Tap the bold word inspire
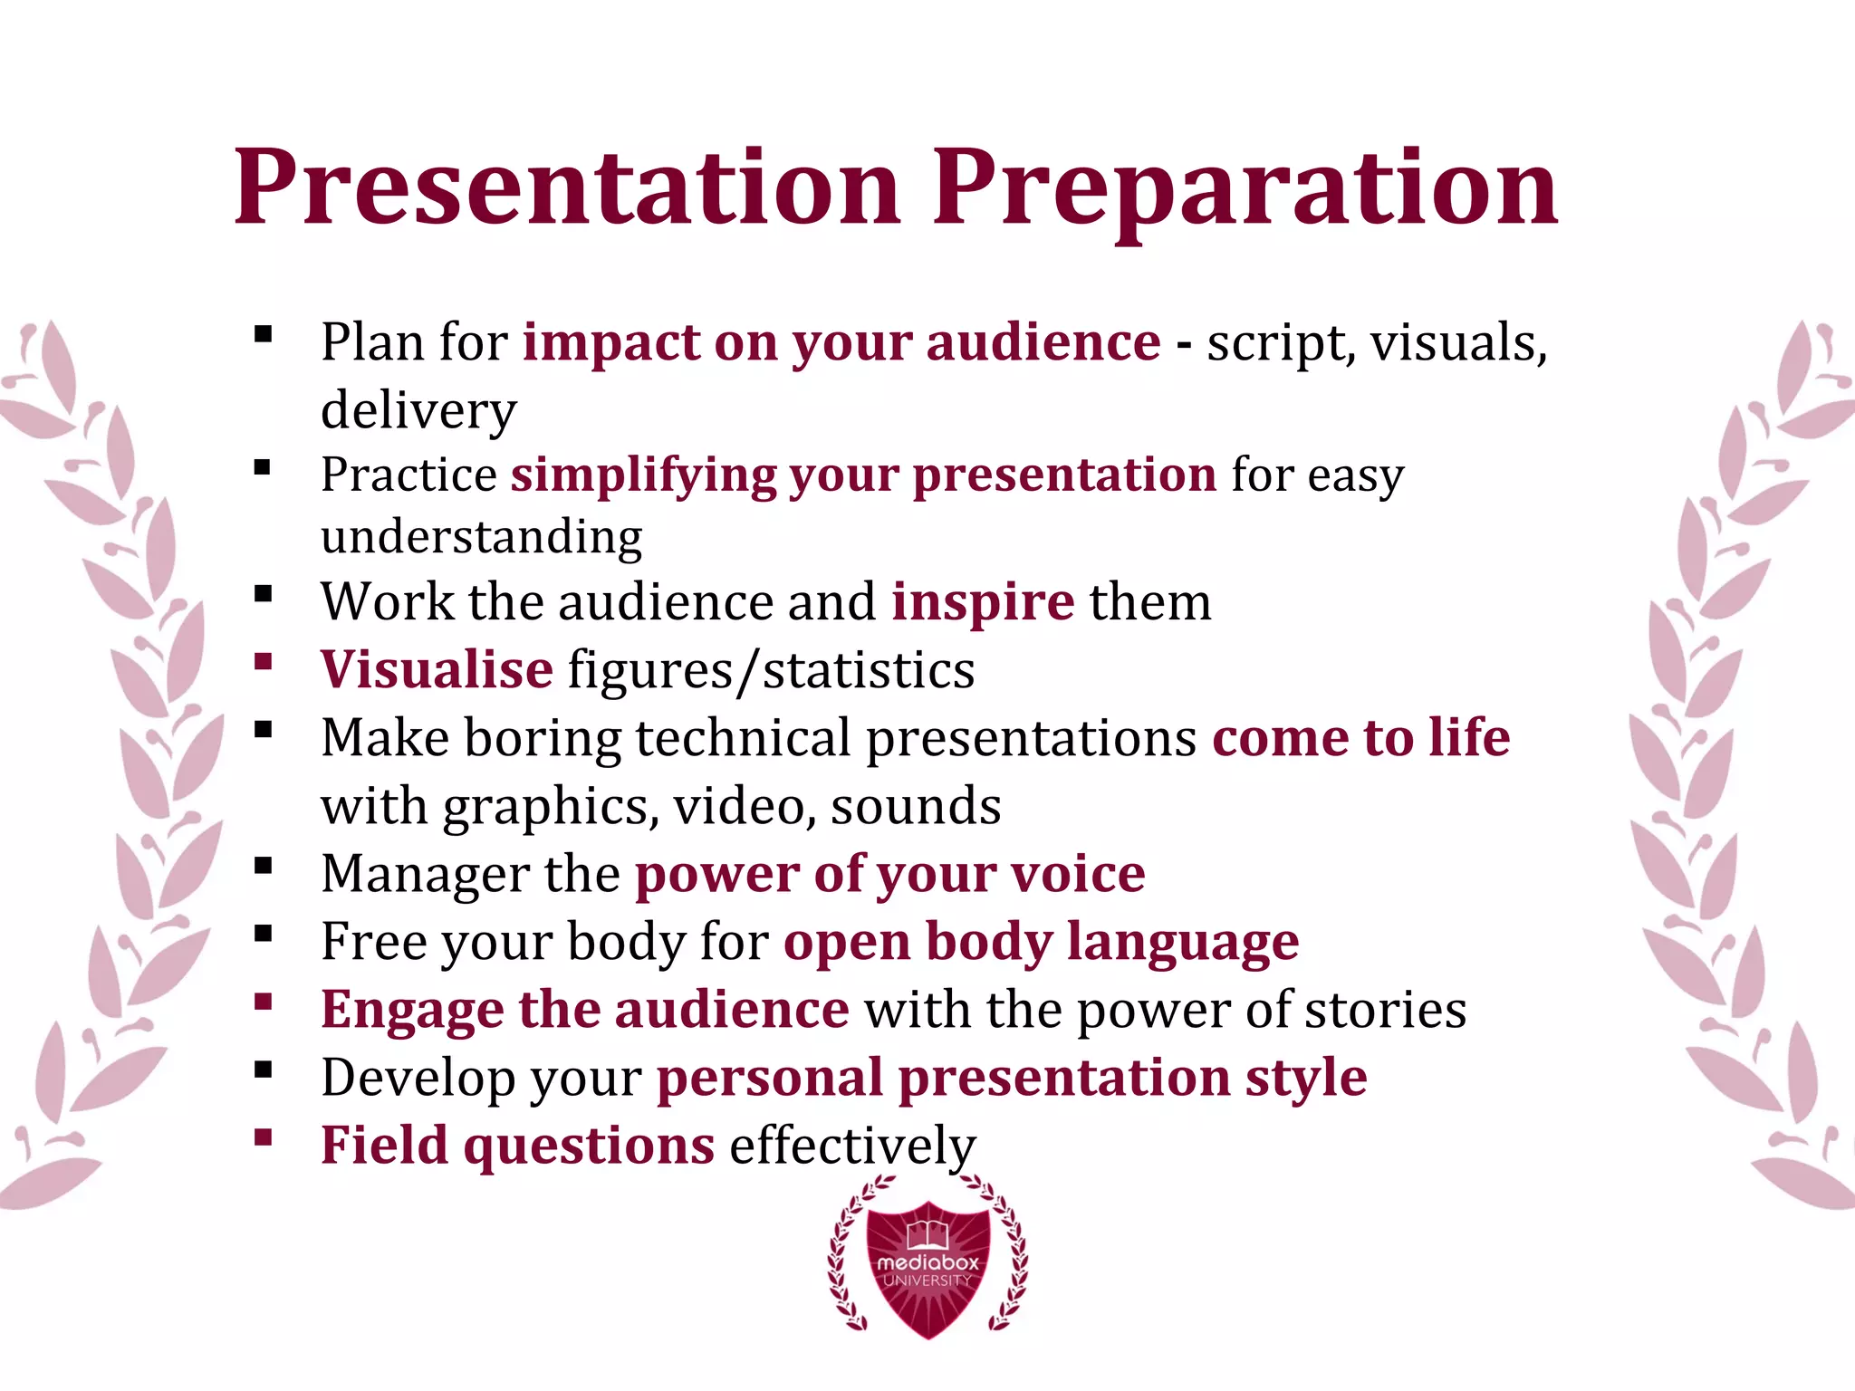click(983, 601)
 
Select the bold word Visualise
click(437, 669)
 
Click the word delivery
click(418, 410)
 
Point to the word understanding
click(482, 536)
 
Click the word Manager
click(425, 874)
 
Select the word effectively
click(853, 1146)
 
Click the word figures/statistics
click(772, 670)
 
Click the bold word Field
click(384, 1145)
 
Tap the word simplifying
click(643, 475)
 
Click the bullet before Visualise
click(264, 661)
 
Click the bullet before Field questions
click(264, 1137)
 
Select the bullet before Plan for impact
click(264, 334)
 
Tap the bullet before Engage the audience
click(264, 1002)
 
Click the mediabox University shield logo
click(927, 1268)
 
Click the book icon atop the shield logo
click(927, 1233)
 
